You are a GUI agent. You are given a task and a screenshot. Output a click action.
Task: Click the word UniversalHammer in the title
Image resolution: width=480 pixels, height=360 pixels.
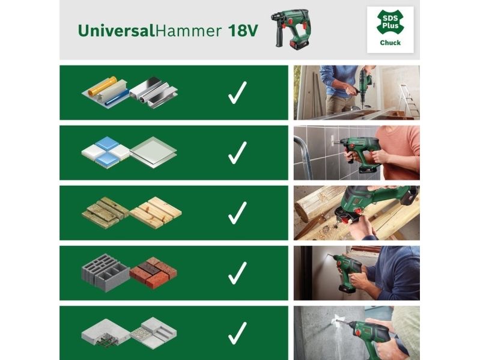click(x=150, y=31)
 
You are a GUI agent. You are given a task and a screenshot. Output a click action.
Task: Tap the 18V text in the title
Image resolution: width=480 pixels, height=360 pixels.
click(x=243, y=31)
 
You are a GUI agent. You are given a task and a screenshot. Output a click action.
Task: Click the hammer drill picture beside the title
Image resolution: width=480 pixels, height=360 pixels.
click(x=293, y=29)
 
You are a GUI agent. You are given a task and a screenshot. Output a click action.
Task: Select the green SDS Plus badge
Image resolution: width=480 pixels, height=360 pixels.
click(x=390, y=22)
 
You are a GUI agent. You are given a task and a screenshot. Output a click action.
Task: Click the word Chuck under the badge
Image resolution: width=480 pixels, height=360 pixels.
click(x=390, y=43)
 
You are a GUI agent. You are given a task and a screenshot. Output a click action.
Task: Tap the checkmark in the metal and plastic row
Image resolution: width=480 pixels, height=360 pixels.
click(x=237, y=93)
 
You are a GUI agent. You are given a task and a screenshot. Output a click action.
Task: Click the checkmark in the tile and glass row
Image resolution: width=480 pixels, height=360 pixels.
click(x=237, y=153)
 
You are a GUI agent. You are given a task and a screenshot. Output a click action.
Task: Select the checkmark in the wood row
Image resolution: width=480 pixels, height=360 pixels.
click(x=237, y=213)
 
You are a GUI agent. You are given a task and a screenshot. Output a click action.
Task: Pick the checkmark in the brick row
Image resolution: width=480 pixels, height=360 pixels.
click(x=237, y=273)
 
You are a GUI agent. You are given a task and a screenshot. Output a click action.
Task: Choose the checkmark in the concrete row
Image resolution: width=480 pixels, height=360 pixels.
click(x=237, y=333)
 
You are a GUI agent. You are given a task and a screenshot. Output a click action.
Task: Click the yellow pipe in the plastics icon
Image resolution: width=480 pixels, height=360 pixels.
click(x=103, y=87)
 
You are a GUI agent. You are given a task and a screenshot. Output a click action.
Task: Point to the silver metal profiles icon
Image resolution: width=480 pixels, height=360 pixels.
click(x=154, y=93)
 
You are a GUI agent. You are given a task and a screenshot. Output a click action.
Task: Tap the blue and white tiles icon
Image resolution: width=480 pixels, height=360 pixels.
click(x=106, y=151)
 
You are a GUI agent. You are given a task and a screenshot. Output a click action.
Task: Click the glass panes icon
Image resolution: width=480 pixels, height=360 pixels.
click(x=153, y=153)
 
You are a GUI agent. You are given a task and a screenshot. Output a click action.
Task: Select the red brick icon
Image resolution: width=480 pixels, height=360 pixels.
click(x=153, y=272)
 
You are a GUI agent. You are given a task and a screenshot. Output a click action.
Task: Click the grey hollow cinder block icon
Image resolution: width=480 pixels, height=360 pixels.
click(x=106, y=272)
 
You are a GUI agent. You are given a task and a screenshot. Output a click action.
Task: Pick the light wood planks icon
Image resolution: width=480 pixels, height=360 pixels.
click(x=156, y=212)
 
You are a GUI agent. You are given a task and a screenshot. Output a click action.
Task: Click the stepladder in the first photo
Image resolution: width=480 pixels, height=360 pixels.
click(x=409, y=102)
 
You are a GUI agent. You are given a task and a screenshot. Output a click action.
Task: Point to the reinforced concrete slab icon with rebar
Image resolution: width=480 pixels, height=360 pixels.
click(x=106, y=333)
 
